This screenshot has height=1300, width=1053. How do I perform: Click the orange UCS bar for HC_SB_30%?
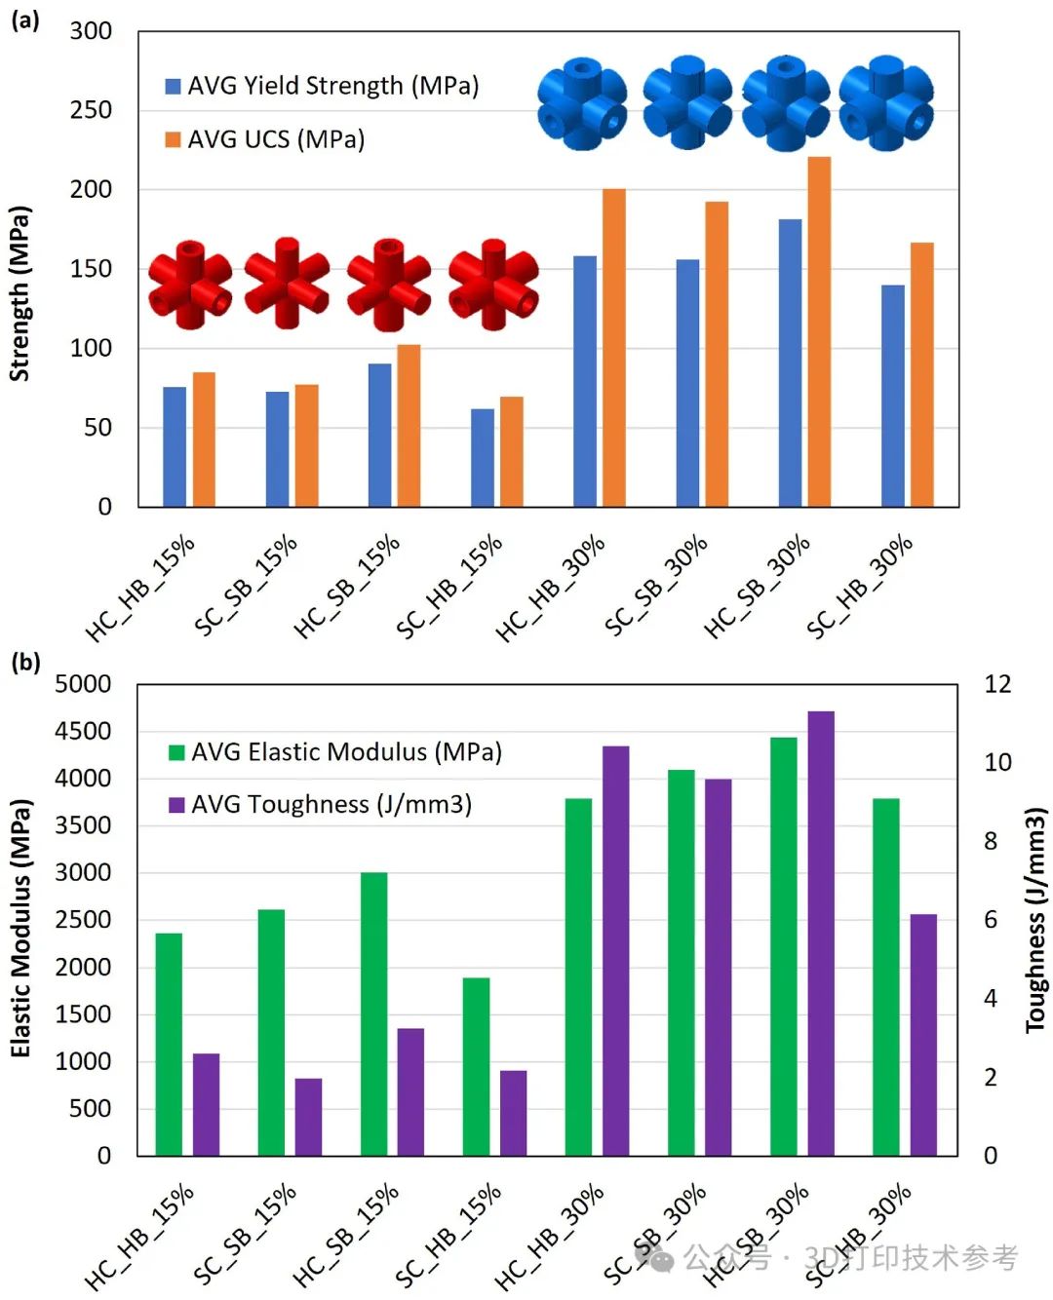[819, 331]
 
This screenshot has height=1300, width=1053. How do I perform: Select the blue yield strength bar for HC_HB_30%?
[585, 381]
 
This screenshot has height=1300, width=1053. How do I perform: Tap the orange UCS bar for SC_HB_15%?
[512, 451]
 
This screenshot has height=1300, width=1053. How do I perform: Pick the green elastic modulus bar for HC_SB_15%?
[373, 1013]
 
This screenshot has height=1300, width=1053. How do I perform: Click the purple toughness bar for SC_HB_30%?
[923, 1035]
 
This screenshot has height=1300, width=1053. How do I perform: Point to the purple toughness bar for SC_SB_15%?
[308, 1117]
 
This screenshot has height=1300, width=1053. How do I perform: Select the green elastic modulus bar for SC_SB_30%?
[681, 963]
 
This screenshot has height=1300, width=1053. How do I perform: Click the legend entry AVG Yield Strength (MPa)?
[322, 86]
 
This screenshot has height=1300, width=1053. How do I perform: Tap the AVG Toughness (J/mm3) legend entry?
[321, 804]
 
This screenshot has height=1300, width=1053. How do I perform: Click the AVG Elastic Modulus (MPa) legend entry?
[335, 751]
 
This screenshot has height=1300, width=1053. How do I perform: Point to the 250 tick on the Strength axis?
[91, 110]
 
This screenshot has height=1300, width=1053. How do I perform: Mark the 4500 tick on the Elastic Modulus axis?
[83, 731]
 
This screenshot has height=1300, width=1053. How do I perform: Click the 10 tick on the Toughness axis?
[997, 762]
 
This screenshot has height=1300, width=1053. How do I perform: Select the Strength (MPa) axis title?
[19, 292]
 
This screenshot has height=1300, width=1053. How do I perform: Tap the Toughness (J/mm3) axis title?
[1035, 919]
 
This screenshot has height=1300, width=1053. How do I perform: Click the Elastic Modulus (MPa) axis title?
[20, 928]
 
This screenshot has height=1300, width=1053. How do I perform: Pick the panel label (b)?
[25, 662]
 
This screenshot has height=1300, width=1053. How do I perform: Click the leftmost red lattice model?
[190, 285]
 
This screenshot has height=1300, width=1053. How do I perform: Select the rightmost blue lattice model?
[886, 103]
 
